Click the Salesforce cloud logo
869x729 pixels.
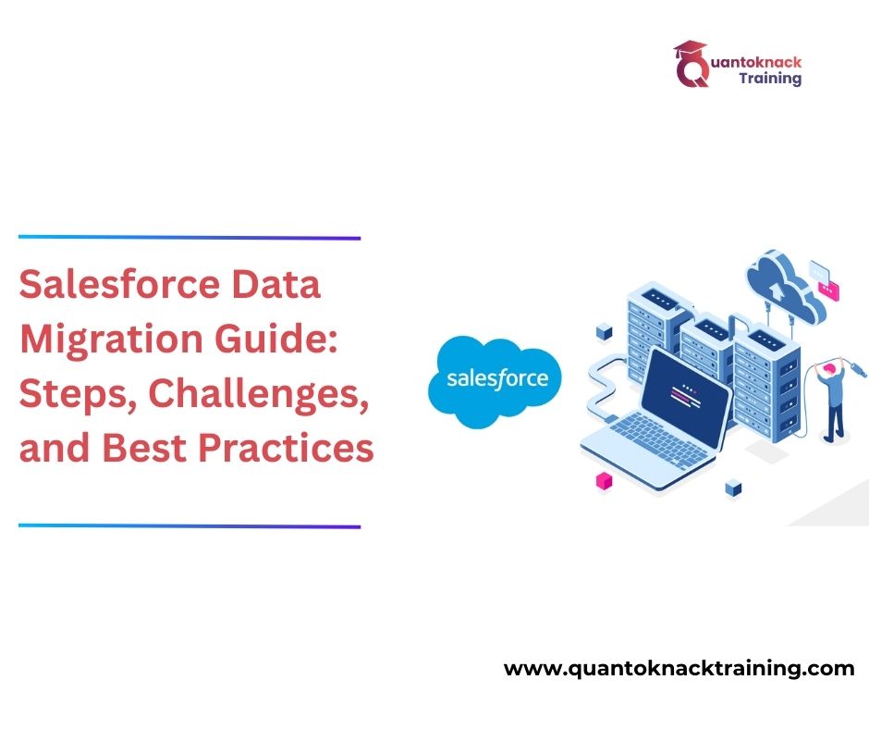click(489, 380)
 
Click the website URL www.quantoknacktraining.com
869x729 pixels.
click(679, 669)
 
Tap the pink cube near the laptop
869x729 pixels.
click(605, 479)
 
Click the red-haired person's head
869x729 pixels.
click(830, 368)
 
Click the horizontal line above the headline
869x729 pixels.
click(190, 238)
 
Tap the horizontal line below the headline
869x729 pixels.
click(190, 526)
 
